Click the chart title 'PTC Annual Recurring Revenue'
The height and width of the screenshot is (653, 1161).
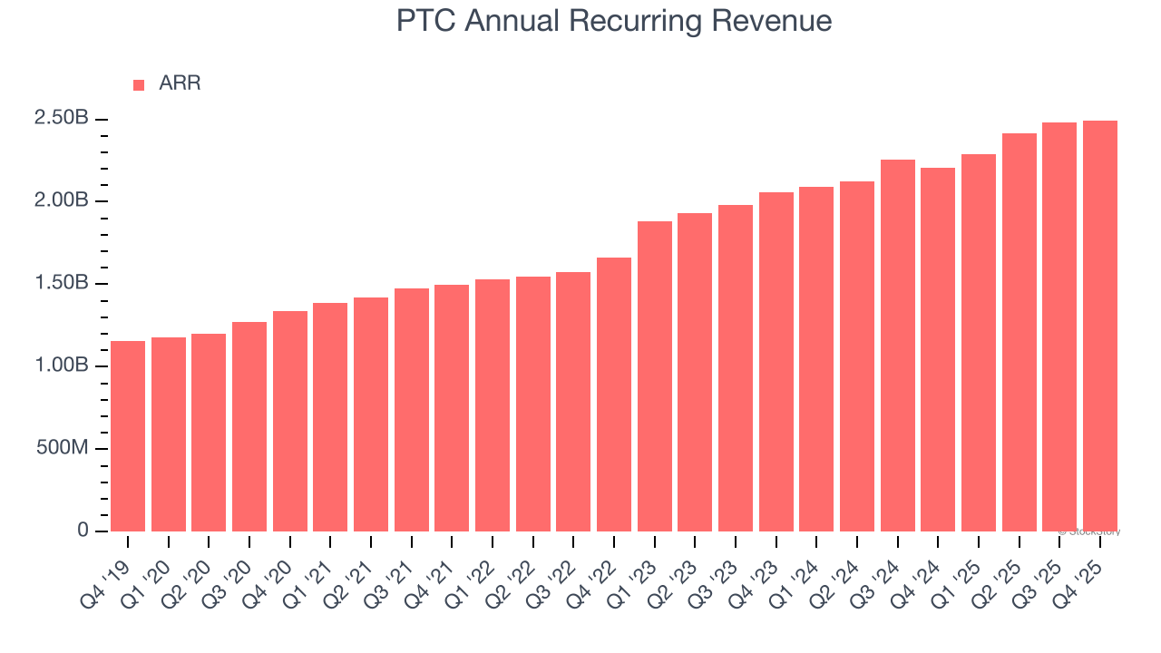(x=614, y=21)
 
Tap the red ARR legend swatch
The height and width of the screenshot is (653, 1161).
(x=139, y=84)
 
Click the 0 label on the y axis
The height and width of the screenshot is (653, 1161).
(x=83, y=531)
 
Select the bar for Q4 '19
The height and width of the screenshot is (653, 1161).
(x=128, y=436)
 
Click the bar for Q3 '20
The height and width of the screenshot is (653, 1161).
(x=249, y=426)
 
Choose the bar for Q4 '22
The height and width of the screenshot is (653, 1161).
(x=614, y=395)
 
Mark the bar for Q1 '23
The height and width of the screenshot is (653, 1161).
(x=655, y=376)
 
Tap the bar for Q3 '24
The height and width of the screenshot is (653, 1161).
(x=898, y=346)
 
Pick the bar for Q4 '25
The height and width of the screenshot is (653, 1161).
(x=1100, y=326)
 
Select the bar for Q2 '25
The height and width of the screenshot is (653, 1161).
(x=1020, y=332)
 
